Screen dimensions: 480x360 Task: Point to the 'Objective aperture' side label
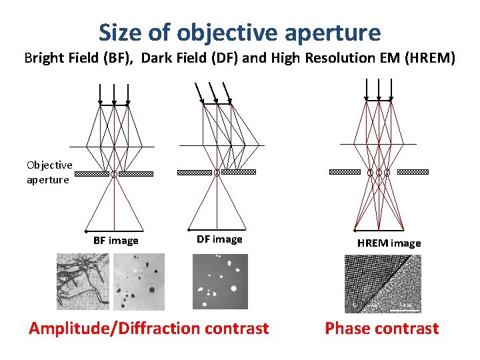tap(49, 172)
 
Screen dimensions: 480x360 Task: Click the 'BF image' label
tap(116, 241)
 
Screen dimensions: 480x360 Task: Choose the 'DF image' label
tap(219, 239)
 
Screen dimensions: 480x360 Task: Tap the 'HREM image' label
tap(389, 243)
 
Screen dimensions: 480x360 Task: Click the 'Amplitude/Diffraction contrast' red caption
tap(149, 328)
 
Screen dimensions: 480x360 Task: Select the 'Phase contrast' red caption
tap(381, 328)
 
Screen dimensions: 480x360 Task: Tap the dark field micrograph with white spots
tap(219, 281)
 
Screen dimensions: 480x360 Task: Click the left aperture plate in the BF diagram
tap(91, 174)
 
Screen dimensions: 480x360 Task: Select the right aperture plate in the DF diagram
tap(238, 172)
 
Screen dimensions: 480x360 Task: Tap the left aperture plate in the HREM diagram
tap(345, 172)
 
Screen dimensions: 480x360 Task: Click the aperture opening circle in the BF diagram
tap(114, 174)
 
